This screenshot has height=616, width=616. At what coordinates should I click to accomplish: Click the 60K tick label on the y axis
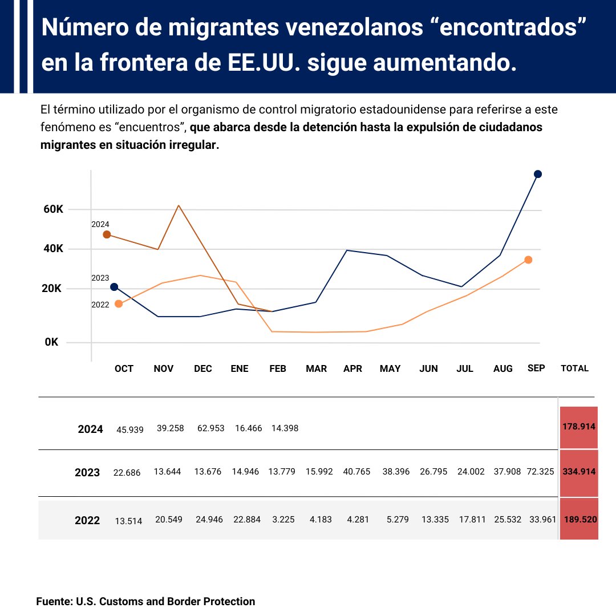[53, 209]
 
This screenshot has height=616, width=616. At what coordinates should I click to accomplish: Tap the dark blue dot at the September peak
[537, 174]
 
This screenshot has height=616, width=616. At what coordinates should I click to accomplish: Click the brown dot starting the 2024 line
[107, 234]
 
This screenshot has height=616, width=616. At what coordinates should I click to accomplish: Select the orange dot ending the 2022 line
[528, 260]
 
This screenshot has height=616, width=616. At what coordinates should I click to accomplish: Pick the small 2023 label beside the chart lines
[100, 278]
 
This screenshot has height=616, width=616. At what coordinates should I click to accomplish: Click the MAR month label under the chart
[316, 369]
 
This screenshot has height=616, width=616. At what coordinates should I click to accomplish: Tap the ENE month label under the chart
[240, 369]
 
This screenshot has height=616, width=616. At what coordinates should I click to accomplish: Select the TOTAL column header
[574, 369]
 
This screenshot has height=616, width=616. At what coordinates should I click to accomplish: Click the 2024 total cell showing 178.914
[579, 427]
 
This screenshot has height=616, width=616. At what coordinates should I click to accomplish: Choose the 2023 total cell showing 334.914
[579, 472]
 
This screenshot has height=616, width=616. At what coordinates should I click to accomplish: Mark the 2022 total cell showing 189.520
[579, 520]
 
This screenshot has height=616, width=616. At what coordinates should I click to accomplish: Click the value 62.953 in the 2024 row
[209, 428]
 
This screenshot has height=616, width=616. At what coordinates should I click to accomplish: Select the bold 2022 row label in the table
[87, 520]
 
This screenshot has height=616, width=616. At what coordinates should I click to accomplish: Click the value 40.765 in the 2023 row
[356, 472]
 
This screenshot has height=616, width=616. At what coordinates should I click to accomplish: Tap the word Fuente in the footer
[54, 601]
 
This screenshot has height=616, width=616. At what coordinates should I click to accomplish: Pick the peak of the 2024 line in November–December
[179, 205]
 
